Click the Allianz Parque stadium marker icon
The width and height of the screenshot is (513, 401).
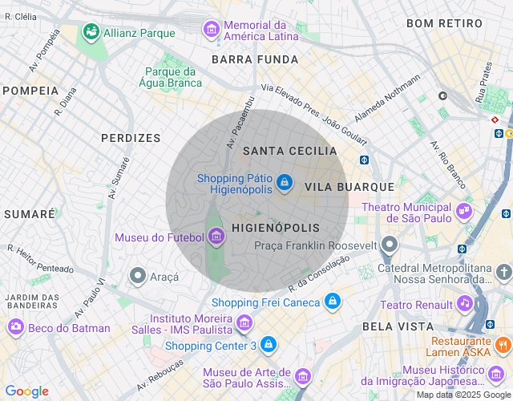click(x=91, y=32)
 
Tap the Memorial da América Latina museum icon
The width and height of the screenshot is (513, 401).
click(x=212, y=30)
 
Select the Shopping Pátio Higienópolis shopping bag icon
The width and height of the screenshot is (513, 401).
click(x=283, y=184)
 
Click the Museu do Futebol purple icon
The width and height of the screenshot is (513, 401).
click(x=216, y=237)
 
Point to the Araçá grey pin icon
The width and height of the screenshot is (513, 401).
click(x=137, y=276)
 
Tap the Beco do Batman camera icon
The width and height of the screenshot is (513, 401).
click(x=15, y=327)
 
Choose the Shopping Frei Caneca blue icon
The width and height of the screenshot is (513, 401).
click(x=332, y=302)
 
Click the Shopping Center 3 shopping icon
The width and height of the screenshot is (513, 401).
click(x=268, y=345)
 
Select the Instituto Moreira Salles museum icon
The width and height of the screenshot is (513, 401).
click(x=244, y=323)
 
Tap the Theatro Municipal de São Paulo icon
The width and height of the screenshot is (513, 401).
click(x=463, y=212)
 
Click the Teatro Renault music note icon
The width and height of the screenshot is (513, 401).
click(x=464, y=303)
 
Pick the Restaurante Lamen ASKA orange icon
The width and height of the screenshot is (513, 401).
click(x=503, y=345)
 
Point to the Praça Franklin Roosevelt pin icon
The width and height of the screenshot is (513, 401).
click(x=390, y=245)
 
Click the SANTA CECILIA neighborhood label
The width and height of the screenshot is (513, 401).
click(x=289, y=151)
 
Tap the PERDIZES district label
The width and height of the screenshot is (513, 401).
click(x=131, y=138)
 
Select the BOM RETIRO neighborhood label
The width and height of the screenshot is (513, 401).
click(x=442, y=23)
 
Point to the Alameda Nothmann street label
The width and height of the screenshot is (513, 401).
click(x=387, y=99)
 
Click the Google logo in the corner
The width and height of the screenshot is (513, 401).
click(x=26, y=391)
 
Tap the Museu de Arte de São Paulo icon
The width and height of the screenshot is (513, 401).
click(x=302, y=376)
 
